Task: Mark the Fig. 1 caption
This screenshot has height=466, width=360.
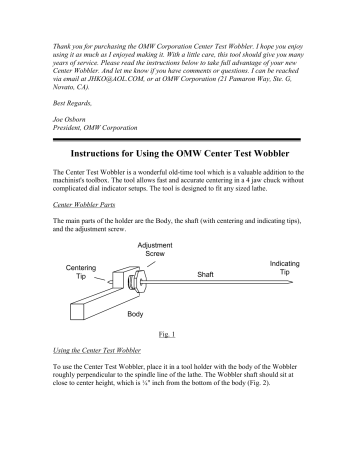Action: (168, 342)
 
